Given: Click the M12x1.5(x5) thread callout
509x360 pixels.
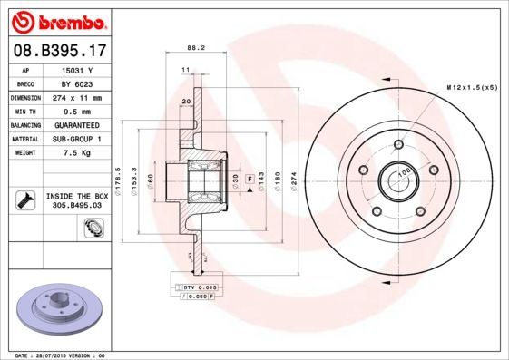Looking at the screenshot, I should click(472, 87).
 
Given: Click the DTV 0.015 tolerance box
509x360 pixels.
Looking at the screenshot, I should click(193, 287).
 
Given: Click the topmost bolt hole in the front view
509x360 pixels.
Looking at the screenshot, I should click(398, 144).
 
